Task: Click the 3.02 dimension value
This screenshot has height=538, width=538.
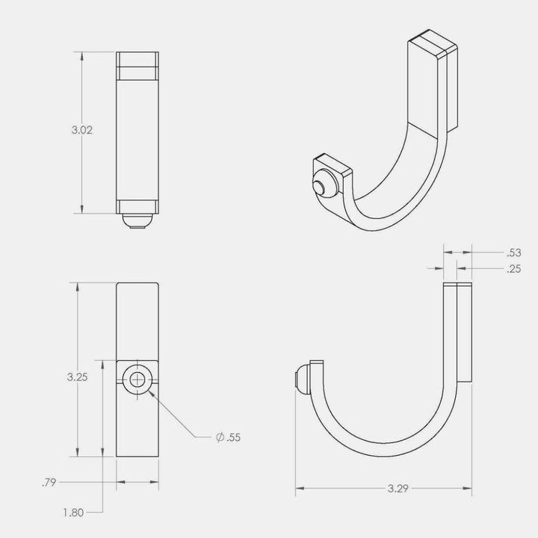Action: click(x=82, y=130)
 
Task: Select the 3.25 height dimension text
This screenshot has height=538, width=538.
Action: click(x=77, y=377)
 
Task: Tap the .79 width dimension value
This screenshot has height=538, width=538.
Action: click(x=49, y=483)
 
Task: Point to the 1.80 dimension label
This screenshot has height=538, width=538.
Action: click(x=73, y=513)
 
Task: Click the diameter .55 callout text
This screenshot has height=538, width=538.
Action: click(x=228, y=437)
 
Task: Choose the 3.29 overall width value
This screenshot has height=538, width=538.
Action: click(x=398, y=488)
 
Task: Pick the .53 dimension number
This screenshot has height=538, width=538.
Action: click(x=514, y=253)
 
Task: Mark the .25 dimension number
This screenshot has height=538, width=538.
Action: click(x=514, y=269)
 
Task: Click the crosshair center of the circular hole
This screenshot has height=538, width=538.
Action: click(x=137, y=380)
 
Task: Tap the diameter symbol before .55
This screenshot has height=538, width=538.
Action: click(x=220, y=437)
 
